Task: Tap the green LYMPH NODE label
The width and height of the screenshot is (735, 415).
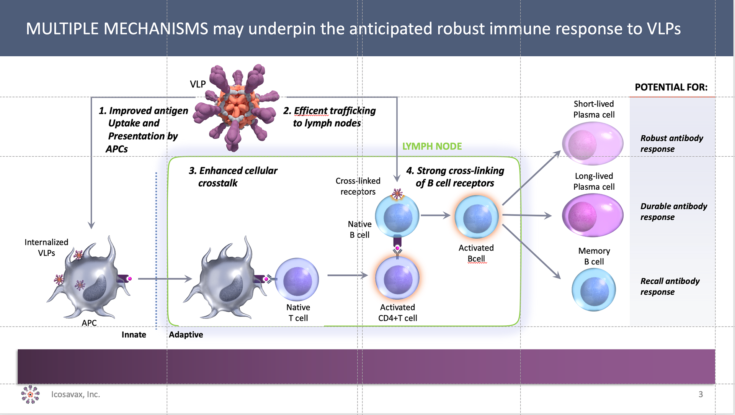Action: (x=432, y=146)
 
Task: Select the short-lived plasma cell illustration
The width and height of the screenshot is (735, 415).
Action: (x=593, y=143)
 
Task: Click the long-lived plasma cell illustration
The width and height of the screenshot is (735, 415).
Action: (x=593, y=215)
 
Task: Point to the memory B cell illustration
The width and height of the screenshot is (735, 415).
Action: (x=594, y=290)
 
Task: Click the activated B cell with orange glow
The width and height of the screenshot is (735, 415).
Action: (x=477, y=217)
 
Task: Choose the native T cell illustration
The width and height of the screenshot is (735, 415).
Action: (x=297, y=279)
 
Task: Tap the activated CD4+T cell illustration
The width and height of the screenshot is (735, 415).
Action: (x=397, y=278)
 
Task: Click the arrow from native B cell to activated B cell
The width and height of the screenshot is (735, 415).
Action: (x=436, y=215)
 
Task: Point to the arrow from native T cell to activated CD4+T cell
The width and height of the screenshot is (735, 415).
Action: (x=347, y=275)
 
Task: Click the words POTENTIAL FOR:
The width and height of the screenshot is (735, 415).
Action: (x=671, y=87)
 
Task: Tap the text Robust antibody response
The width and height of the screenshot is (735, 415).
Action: (x=671, y=143)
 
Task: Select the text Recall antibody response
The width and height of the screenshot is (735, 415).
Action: (x=670, y=286)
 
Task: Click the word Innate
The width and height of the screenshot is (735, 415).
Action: (x=134, y=335)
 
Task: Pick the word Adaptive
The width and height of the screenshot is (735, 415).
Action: (x=186, y=335)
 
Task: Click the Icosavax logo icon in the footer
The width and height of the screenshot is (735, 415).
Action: (x=30, y=394)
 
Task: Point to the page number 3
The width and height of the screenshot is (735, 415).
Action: (x=701, y=394)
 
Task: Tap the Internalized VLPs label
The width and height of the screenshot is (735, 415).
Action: (x=46, y=247)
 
